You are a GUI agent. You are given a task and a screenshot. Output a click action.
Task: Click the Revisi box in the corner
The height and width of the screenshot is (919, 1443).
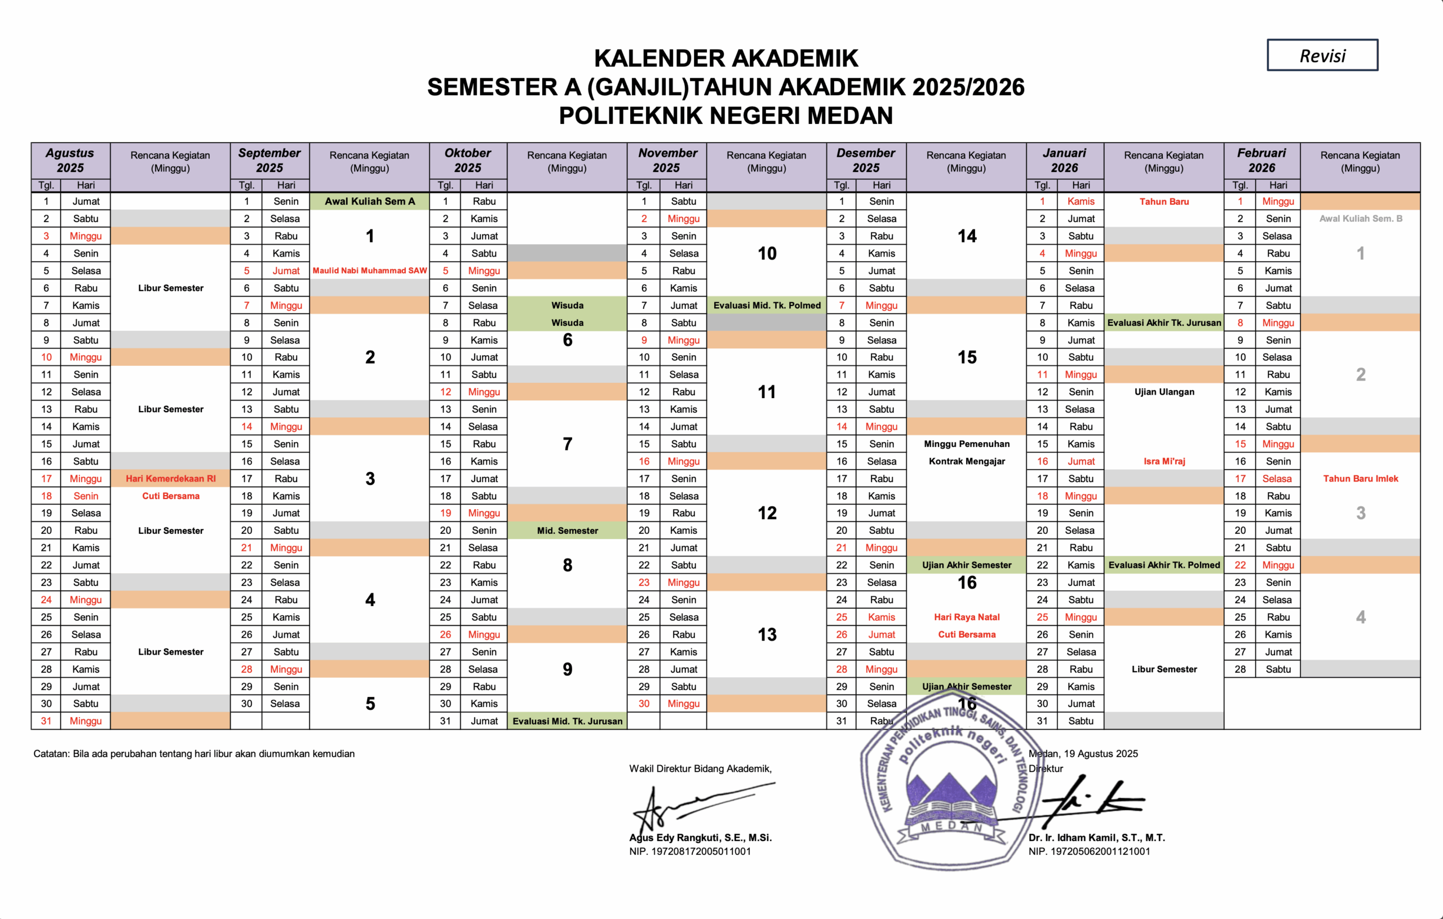pos(1322,55)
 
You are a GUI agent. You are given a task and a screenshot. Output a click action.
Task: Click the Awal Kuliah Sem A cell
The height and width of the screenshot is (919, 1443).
pos(370,201)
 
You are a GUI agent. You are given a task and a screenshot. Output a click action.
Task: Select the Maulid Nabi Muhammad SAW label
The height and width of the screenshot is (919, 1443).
pos(370,271)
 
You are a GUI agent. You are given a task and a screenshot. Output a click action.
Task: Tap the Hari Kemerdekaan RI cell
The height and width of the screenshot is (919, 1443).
pos(171,478)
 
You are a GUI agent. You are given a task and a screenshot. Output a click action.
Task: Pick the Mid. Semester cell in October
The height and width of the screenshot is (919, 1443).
pos(567,531)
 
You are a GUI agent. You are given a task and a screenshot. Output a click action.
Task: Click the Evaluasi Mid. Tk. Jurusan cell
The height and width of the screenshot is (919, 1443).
pos(567,721)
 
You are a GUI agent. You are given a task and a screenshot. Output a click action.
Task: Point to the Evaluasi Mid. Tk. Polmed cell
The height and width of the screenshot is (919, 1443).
pos(767,305)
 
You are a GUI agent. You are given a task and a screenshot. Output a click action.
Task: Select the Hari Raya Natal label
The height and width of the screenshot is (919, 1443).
pos(967,617)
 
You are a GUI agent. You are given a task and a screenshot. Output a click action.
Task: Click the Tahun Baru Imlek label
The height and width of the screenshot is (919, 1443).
pos(1360,478)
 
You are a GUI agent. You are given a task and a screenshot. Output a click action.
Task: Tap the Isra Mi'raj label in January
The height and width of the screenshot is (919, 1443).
pos(1164,461)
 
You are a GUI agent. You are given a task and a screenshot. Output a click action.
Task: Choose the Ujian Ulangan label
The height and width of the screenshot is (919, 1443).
pos(1164,392)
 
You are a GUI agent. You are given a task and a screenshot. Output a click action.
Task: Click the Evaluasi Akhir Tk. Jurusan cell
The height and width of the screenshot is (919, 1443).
pos(1164,322)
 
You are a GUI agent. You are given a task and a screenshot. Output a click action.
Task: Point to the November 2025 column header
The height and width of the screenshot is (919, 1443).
pos(667,161)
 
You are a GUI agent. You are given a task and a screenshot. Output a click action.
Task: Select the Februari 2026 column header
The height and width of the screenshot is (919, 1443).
pos(1261,161)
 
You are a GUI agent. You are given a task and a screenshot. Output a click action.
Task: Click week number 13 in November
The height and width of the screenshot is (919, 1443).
pos(767,634)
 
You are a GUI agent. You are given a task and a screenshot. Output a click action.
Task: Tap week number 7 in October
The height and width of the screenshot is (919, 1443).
pos(567,444)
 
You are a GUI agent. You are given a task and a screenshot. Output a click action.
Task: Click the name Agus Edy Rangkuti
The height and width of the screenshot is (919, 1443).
pos(700,837)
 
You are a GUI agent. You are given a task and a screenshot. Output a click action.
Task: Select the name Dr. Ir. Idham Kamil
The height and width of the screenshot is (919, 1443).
pos(1096,837)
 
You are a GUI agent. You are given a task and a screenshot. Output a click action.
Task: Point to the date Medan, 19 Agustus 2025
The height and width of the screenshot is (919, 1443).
pos(1083,754)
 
